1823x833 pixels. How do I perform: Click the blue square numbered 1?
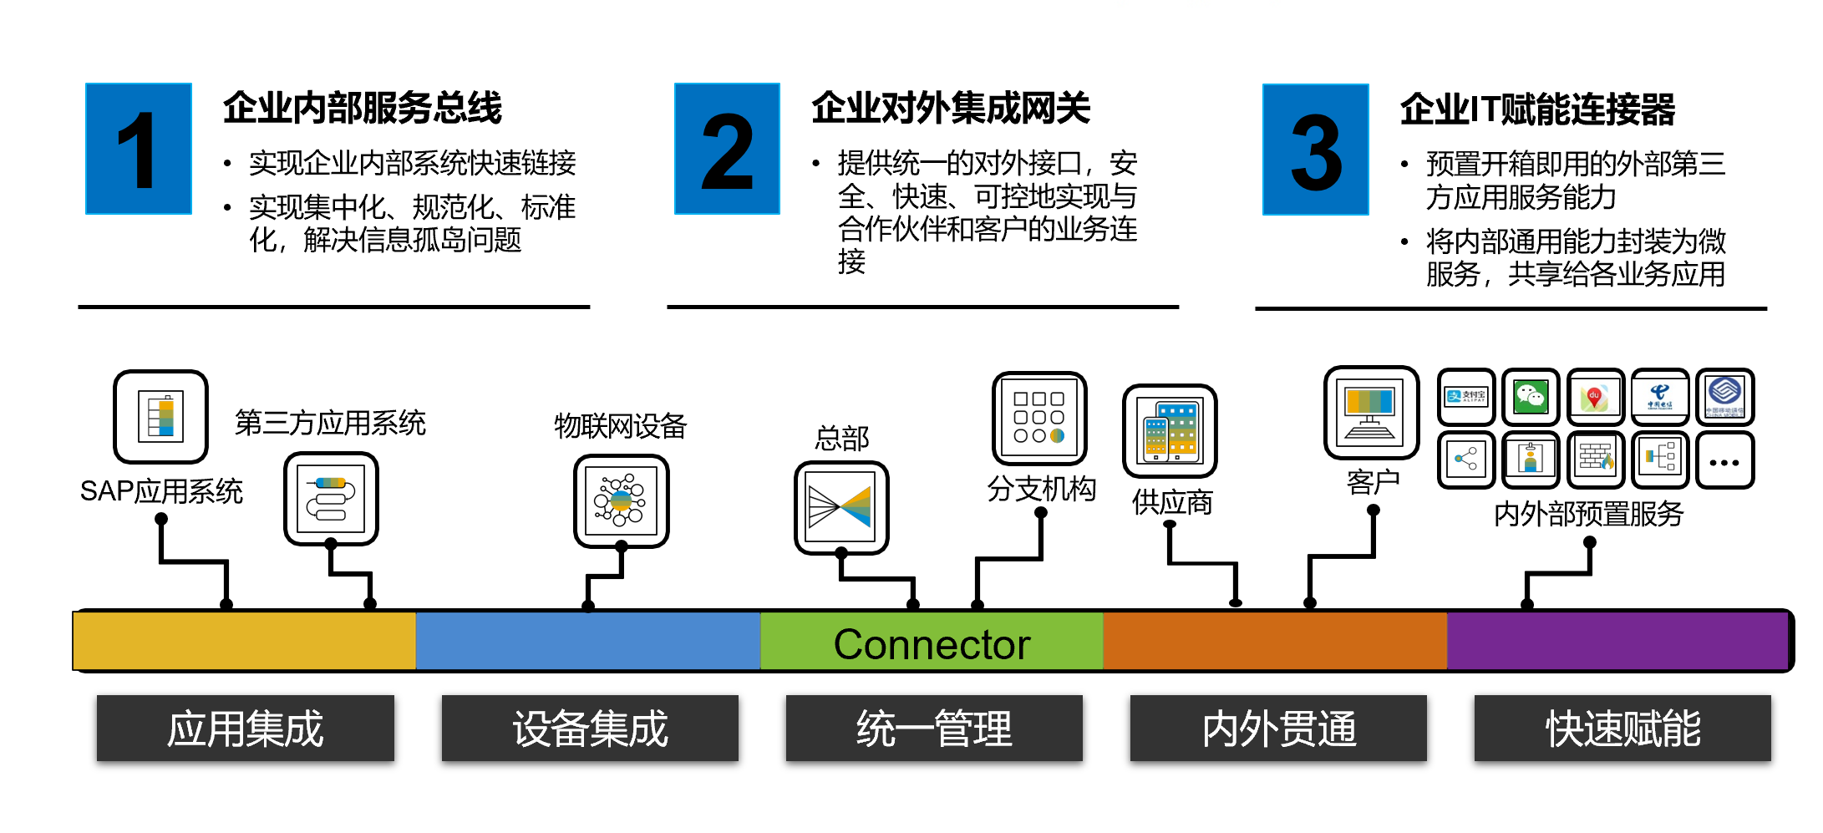139,149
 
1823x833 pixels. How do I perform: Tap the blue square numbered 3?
1315,150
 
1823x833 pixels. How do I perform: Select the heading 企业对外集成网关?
951,109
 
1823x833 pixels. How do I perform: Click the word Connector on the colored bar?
932,644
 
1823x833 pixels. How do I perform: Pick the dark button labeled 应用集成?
245,729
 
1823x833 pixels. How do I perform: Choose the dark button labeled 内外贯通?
1278,729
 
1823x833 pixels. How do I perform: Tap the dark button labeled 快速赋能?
1622,729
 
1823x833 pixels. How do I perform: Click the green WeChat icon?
1531,397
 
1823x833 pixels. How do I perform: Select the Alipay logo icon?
1466,397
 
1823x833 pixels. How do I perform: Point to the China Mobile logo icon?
1724,397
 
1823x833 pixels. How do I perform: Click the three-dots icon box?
1724,460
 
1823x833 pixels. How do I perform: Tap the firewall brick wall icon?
1596,459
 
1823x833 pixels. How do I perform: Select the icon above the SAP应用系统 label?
160,416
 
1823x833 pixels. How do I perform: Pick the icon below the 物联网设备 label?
621,500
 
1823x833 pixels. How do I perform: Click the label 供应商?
1172,503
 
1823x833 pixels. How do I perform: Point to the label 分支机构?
1041,489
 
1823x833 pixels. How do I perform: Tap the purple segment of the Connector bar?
1617,641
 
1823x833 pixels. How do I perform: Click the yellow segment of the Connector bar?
244,641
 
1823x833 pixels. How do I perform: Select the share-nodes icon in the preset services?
1466,459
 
